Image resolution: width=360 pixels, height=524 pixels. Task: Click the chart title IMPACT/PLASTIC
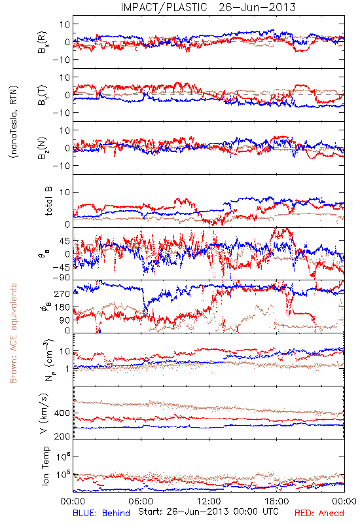coord(164,7)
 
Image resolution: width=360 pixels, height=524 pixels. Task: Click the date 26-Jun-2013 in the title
coord(257,7)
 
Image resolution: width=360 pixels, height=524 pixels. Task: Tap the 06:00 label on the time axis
coord(141,501)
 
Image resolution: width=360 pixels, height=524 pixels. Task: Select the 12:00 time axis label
coord(209,501)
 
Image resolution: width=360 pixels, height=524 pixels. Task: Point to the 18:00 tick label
coord(277,501)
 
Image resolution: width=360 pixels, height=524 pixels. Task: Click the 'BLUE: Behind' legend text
coord(101,513)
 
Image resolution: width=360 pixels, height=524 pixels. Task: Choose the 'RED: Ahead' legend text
coord(319,513)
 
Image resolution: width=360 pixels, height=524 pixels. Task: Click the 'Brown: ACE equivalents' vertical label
coord(13,333)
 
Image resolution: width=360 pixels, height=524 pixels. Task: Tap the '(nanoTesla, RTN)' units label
coord(14,122)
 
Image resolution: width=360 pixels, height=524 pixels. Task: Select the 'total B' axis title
coord(48,201)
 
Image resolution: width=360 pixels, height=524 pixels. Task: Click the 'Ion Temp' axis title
coord(46,466)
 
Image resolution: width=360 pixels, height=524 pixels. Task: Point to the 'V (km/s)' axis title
coord(44,413)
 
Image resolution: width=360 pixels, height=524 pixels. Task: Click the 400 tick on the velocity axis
coord(62,413)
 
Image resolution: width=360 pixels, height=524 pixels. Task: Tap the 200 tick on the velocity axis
coord(62,436)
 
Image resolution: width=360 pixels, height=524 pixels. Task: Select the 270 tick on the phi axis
coord(62,293)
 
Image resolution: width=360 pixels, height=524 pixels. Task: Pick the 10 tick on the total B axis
coord(65,193)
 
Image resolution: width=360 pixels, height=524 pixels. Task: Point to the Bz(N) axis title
coord(43,148)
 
